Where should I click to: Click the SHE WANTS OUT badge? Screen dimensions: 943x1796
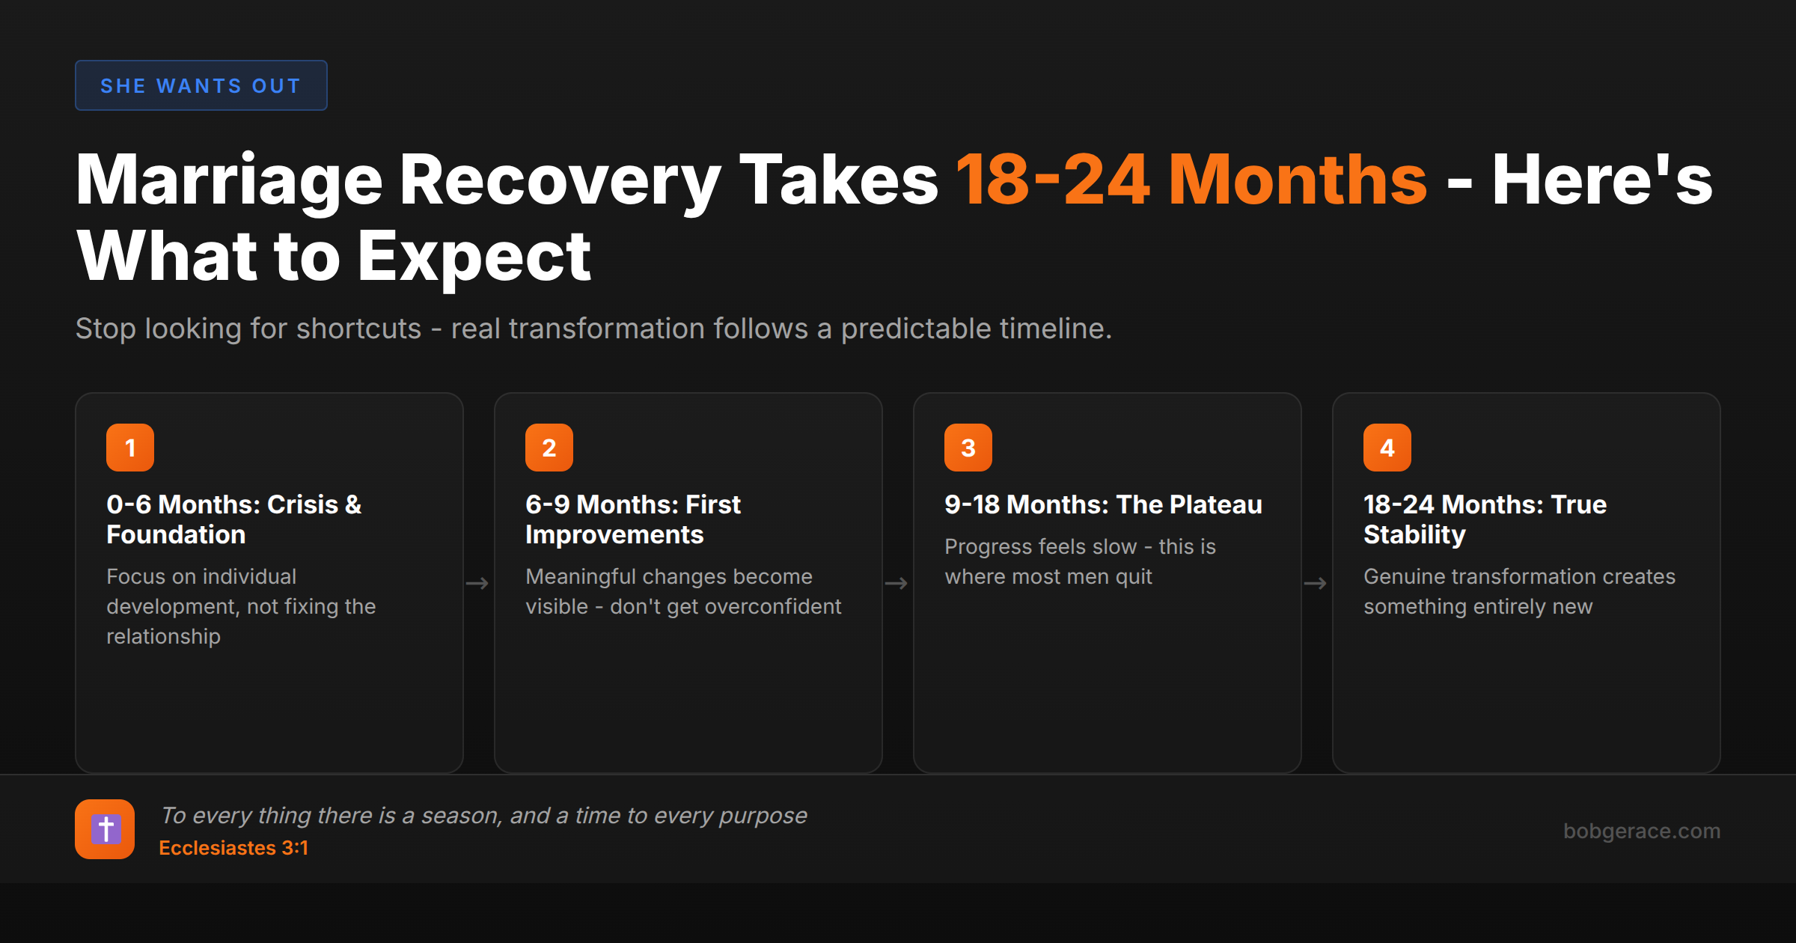coord(201,85)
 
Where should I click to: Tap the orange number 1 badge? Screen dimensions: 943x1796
coord(130,448)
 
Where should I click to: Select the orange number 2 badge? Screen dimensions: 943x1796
coord(549,448)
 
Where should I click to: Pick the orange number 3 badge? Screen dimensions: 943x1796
coord(968,448)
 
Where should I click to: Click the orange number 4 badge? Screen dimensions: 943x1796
coord(1387,448)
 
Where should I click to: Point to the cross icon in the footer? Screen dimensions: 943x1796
coord(105,829)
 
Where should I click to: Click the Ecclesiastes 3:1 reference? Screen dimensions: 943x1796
coord(233,848)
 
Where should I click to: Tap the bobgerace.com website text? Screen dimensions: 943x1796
coord(1642,831)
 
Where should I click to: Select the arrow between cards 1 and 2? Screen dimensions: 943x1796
coord(477,583)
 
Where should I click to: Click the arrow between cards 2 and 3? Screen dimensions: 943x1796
coord(897,583)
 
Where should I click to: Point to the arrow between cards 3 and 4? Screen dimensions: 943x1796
coord(1316,583)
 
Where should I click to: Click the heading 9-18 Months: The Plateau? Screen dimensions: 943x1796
coord(1103,504)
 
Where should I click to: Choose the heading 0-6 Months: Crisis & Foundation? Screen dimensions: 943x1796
coord(233,519)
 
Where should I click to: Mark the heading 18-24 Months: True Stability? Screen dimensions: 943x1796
coord(1485,519)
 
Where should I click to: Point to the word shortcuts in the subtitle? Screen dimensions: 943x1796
coord(358,329)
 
